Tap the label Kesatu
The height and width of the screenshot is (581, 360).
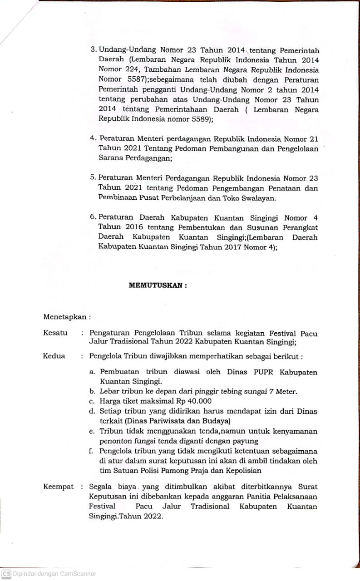[x=55, y=333]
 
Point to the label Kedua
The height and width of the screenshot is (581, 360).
[x=54, y=356]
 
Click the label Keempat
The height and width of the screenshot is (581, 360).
[x=59, y=487]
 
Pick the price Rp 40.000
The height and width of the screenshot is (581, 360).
[x=193, y=401]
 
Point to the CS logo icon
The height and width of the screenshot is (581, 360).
[x=6, y=574]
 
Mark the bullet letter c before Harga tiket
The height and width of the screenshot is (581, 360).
[x=92, y=401]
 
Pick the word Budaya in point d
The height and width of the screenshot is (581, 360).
[x=216, y=421]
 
